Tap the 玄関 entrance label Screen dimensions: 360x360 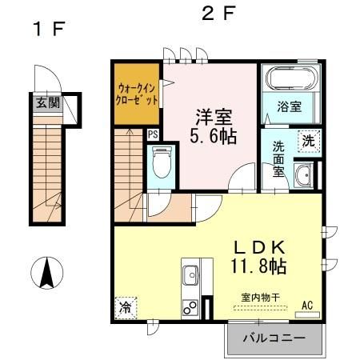46,102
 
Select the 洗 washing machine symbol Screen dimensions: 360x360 308,140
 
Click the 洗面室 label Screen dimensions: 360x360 278,158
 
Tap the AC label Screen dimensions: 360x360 308,303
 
